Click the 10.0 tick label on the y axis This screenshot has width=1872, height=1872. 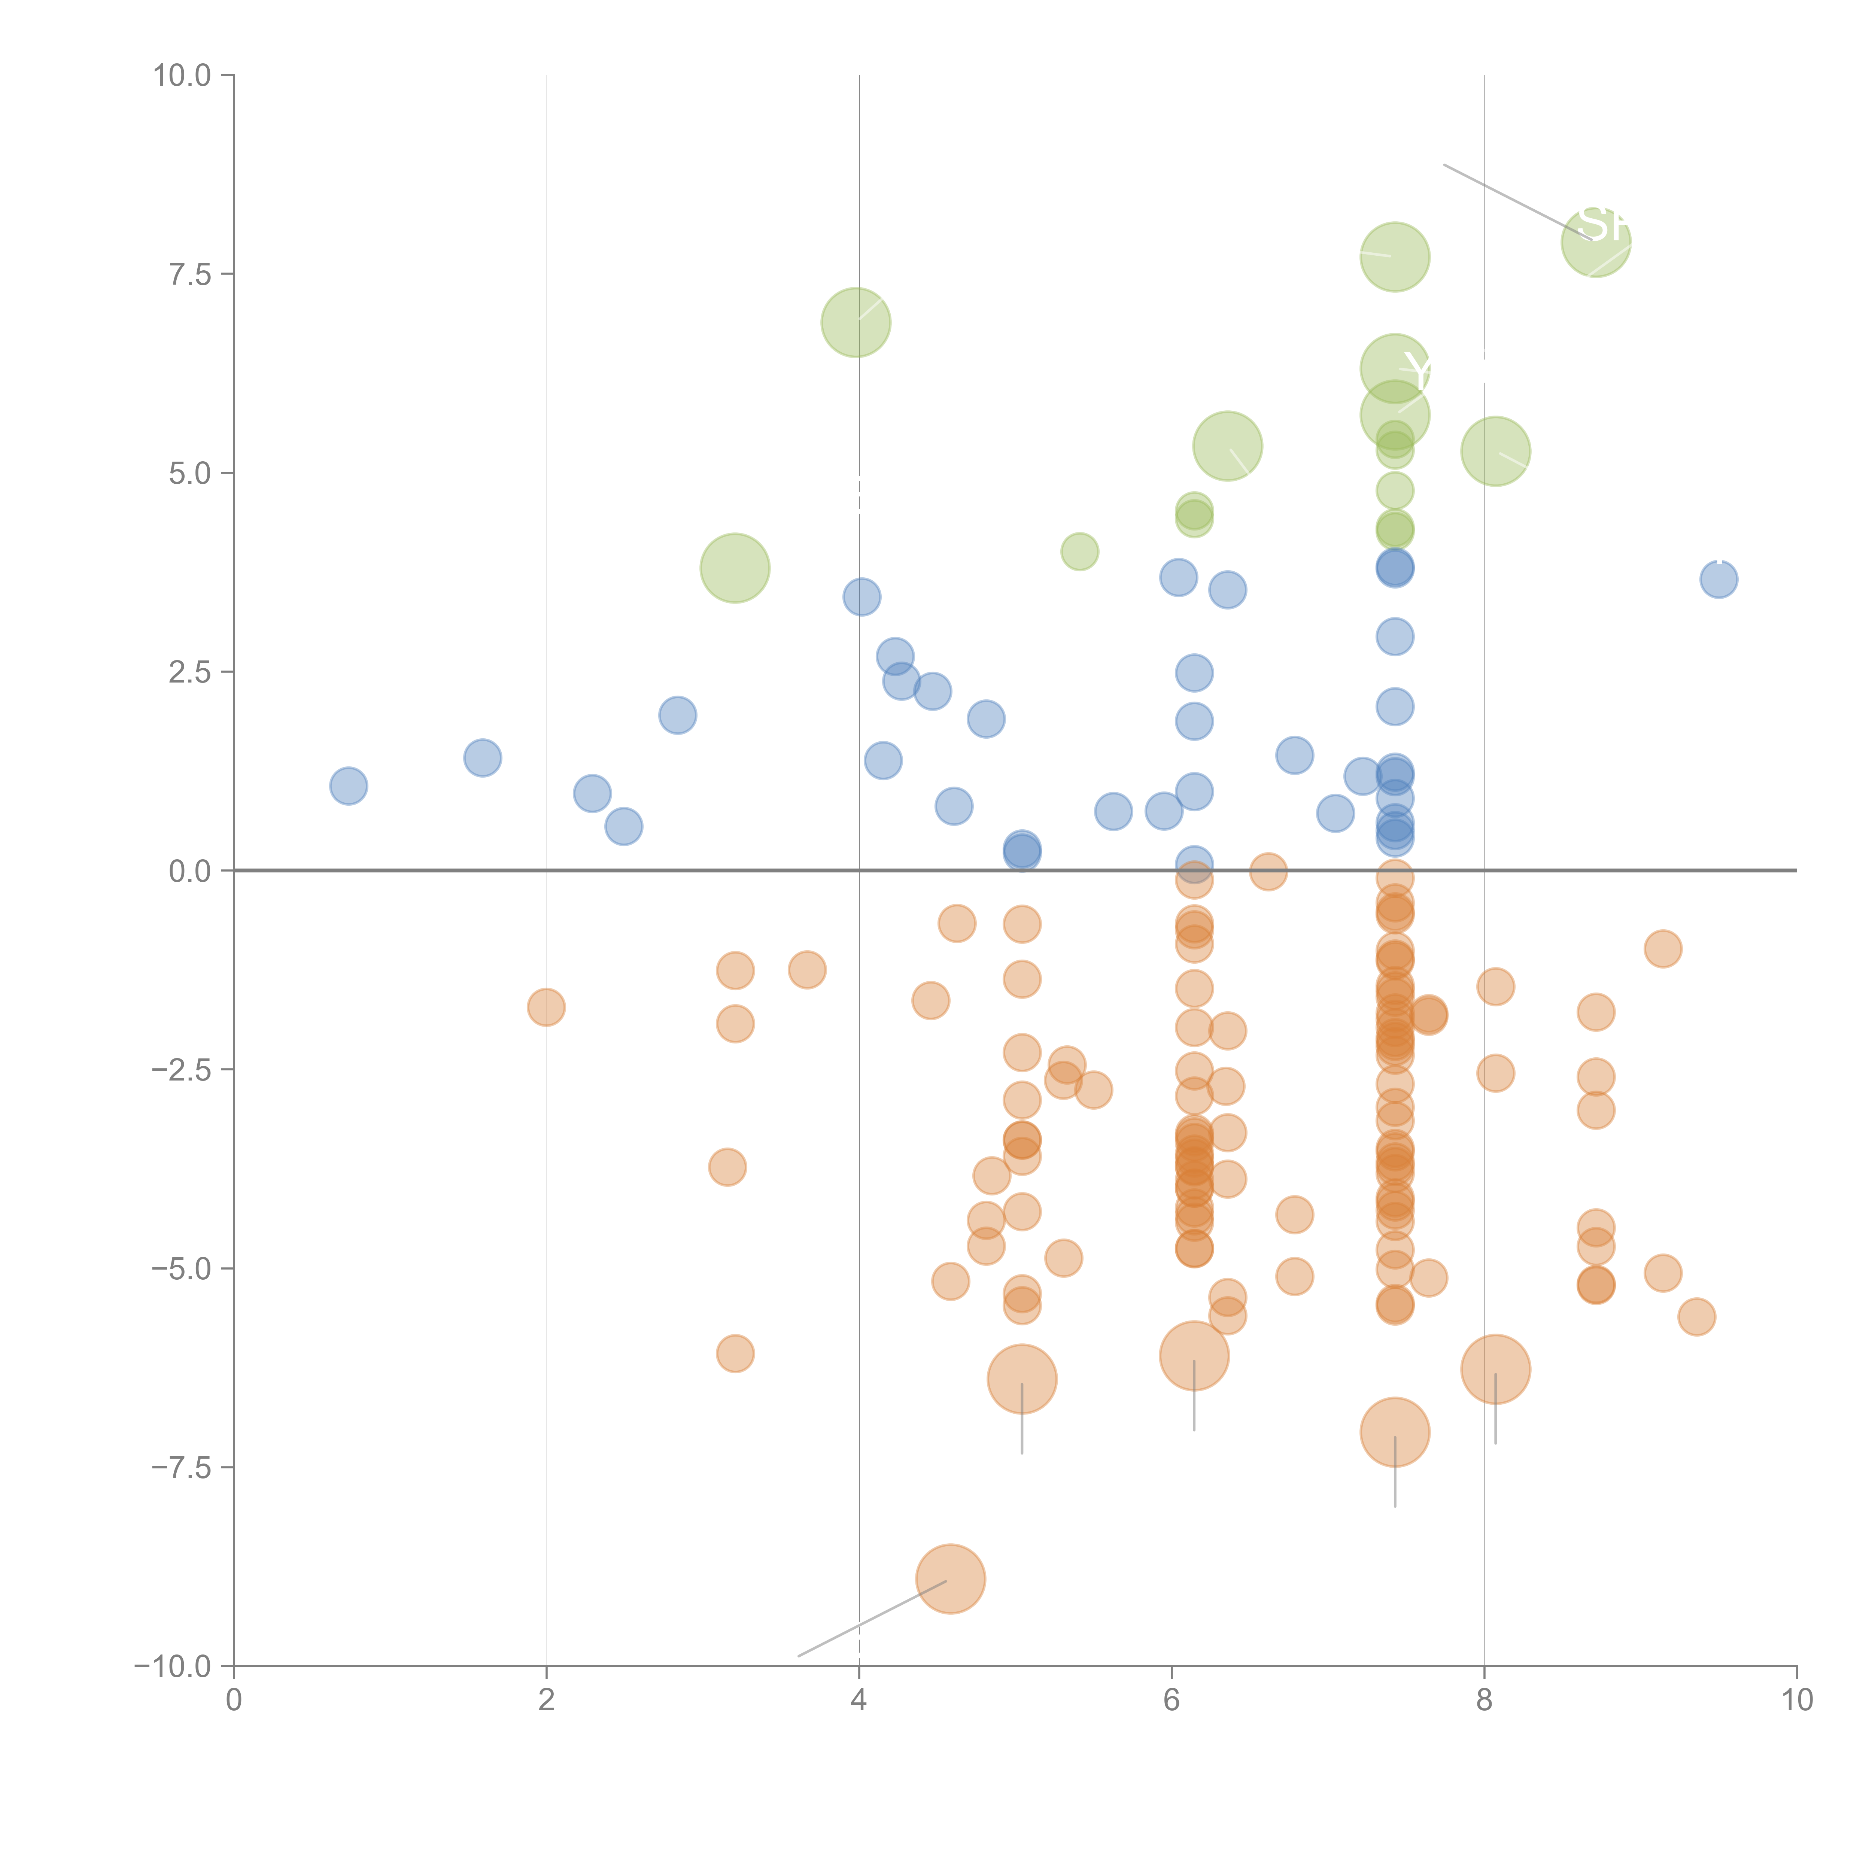[182, 76]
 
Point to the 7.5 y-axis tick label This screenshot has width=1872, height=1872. [190, 274]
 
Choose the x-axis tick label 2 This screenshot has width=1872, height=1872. [547, 1701]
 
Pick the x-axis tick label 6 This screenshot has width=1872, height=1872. [1171, 1701]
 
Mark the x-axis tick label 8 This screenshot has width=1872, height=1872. [1484, 1701]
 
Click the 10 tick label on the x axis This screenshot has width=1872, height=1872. [1796, 1701]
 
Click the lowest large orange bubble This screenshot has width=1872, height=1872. [951, 1578]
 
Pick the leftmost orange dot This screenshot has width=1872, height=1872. [547, 1008]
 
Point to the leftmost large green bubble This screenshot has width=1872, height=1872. [735, 568]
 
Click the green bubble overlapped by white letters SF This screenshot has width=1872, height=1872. [1596, 242]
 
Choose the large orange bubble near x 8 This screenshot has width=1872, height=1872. [1495, 1369]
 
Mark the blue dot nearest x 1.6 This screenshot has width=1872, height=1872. [483, 758]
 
